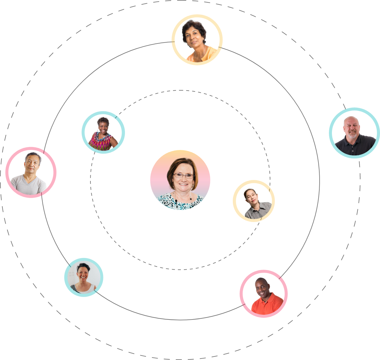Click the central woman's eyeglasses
pos(184,176)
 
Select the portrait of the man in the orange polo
pos(263,294)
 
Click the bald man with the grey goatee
pos(354,133)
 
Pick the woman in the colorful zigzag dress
pos(103,132)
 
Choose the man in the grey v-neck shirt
pos(31,172)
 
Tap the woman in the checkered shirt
pos(254,201)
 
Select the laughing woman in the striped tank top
pos(84,277)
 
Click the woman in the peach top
pos(197,40)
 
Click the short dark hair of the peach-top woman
pos(195,25)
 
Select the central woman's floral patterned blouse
pos(180,202)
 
